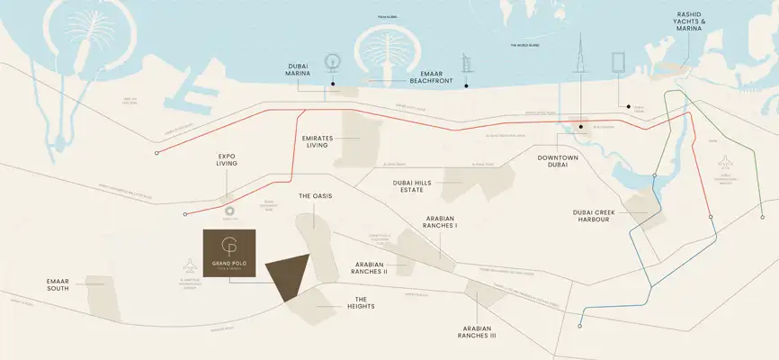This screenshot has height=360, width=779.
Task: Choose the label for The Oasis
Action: (x=317, y=195)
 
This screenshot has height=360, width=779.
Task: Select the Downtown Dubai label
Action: (x=557, y=163)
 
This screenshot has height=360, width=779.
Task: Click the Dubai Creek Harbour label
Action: (x=597, y=216)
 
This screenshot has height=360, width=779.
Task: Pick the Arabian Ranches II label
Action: (x=369, y=267)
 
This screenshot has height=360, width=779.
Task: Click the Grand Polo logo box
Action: (x=228, y=254)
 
